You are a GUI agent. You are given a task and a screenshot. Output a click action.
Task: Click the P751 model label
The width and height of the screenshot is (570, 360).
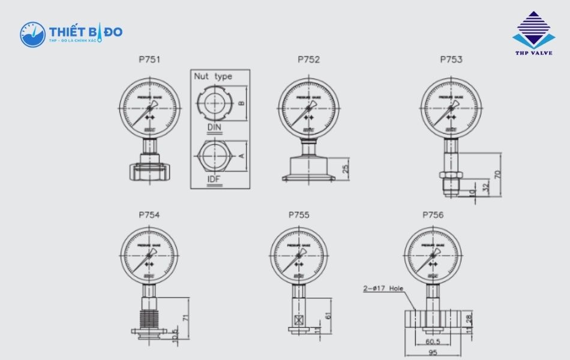(x=149, y=59)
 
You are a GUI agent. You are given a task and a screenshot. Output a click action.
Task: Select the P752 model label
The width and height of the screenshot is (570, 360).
(x=308, y=59)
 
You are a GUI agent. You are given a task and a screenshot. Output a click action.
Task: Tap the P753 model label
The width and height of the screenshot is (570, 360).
(x=451, y=59)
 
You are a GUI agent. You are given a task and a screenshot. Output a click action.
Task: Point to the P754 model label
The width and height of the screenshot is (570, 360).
(x=149, y=215)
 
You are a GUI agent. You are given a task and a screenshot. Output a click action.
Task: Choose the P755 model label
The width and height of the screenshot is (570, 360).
(x=299, y=215)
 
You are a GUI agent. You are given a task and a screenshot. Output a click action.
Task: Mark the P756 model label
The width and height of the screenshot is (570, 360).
(x=433, y=215)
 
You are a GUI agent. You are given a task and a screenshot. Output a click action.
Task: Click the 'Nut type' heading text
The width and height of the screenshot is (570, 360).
(x=212, y=77)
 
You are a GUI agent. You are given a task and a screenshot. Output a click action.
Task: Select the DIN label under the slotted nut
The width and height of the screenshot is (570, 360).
(x=214, y=127)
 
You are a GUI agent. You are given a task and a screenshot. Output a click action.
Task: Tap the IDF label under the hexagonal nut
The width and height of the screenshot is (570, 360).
(x=214, y=178)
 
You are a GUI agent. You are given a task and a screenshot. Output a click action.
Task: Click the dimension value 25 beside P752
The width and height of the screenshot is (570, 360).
(x=346, y=169)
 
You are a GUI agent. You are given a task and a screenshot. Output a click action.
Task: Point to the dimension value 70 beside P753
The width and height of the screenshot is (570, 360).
(x=497, y=175)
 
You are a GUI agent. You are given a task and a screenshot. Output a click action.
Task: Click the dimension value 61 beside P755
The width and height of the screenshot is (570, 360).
(x=328, y=316)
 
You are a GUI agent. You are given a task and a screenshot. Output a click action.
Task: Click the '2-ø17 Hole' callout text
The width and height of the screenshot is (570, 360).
(x=383, y=288)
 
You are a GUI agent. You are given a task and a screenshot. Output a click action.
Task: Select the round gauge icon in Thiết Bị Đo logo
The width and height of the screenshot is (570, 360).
(x=32, y=34)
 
